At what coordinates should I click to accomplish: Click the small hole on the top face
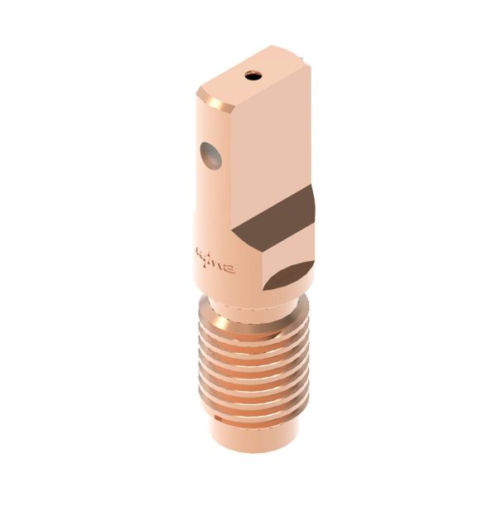(253, 76)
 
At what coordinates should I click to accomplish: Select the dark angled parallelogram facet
(277, 217)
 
